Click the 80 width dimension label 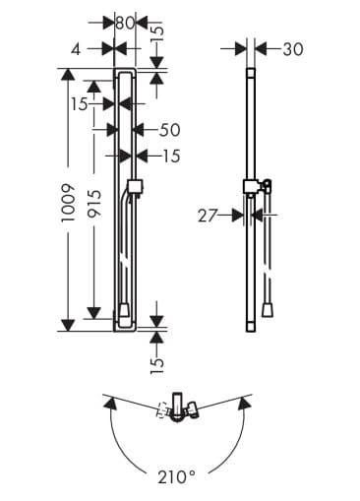pyautogui.click(x=125, y=24)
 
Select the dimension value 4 pyautogui.click(x=76, y=50)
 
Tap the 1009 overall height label pyautogui.click(x=69, y=203)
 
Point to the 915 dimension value pyautogui.click(x=95, y=203)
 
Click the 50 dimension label pyautogui.click(x=170, y=130)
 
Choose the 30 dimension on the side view pyautogui.click(x=293, y=49)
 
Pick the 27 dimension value pyautogui.click(x=208, y=216)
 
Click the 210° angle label pyautogui.click(x=177, y=476)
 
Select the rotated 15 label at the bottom pyautogui.click(x=156, y=365)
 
